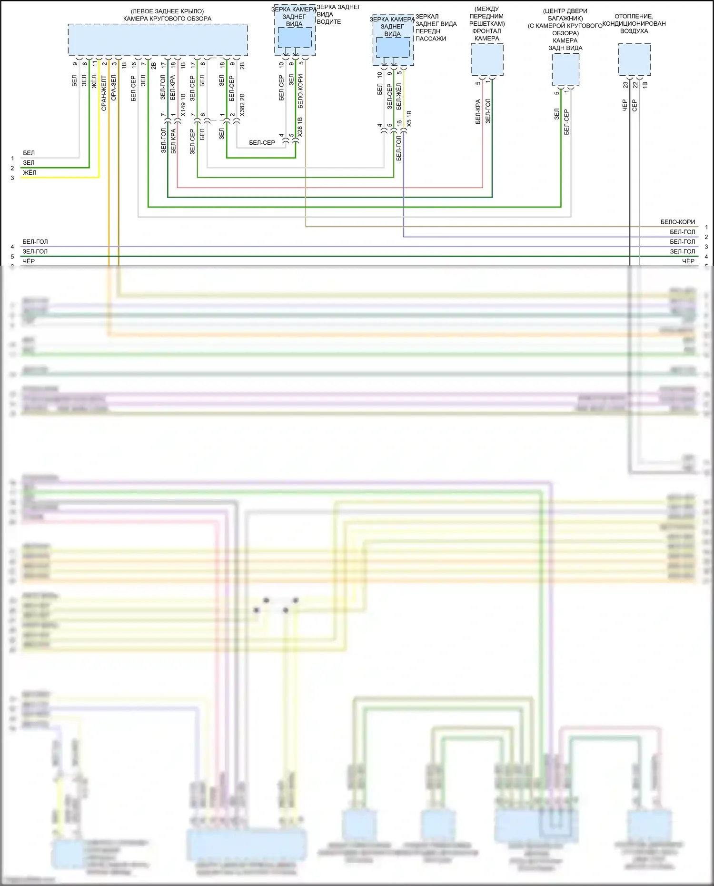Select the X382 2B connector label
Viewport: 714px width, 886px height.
(242, 105)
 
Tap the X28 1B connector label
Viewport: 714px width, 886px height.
(300, 128)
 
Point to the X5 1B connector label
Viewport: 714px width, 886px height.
(409, 119)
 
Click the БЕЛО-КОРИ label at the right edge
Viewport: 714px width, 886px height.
(677, 222)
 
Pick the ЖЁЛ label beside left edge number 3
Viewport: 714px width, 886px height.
(30, 172)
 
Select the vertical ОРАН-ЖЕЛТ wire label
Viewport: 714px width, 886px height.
(104, 93)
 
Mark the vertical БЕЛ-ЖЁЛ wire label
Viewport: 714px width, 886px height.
(399, 97)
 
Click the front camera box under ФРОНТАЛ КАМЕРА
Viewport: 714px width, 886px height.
(487, 60)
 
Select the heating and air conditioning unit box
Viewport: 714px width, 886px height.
(634, 60)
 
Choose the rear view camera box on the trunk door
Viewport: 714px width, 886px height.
(565, 70)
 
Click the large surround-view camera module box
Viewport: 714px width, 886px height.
(158, 40)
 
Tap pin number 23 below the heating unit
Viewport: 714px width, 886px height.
(625, 85)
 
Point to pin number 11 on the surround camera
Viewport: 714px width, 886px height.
(94, 63)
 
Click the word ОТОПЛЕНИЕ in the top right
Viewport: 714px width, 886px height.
(634, 16)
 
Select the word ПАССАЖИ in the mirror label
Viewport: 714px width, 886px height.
(430, 39)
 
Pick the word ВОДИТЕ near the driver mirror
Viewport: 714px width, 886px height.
(328, 22)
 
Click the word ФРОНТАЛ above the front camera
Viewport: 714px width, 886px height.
(486, 31)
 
